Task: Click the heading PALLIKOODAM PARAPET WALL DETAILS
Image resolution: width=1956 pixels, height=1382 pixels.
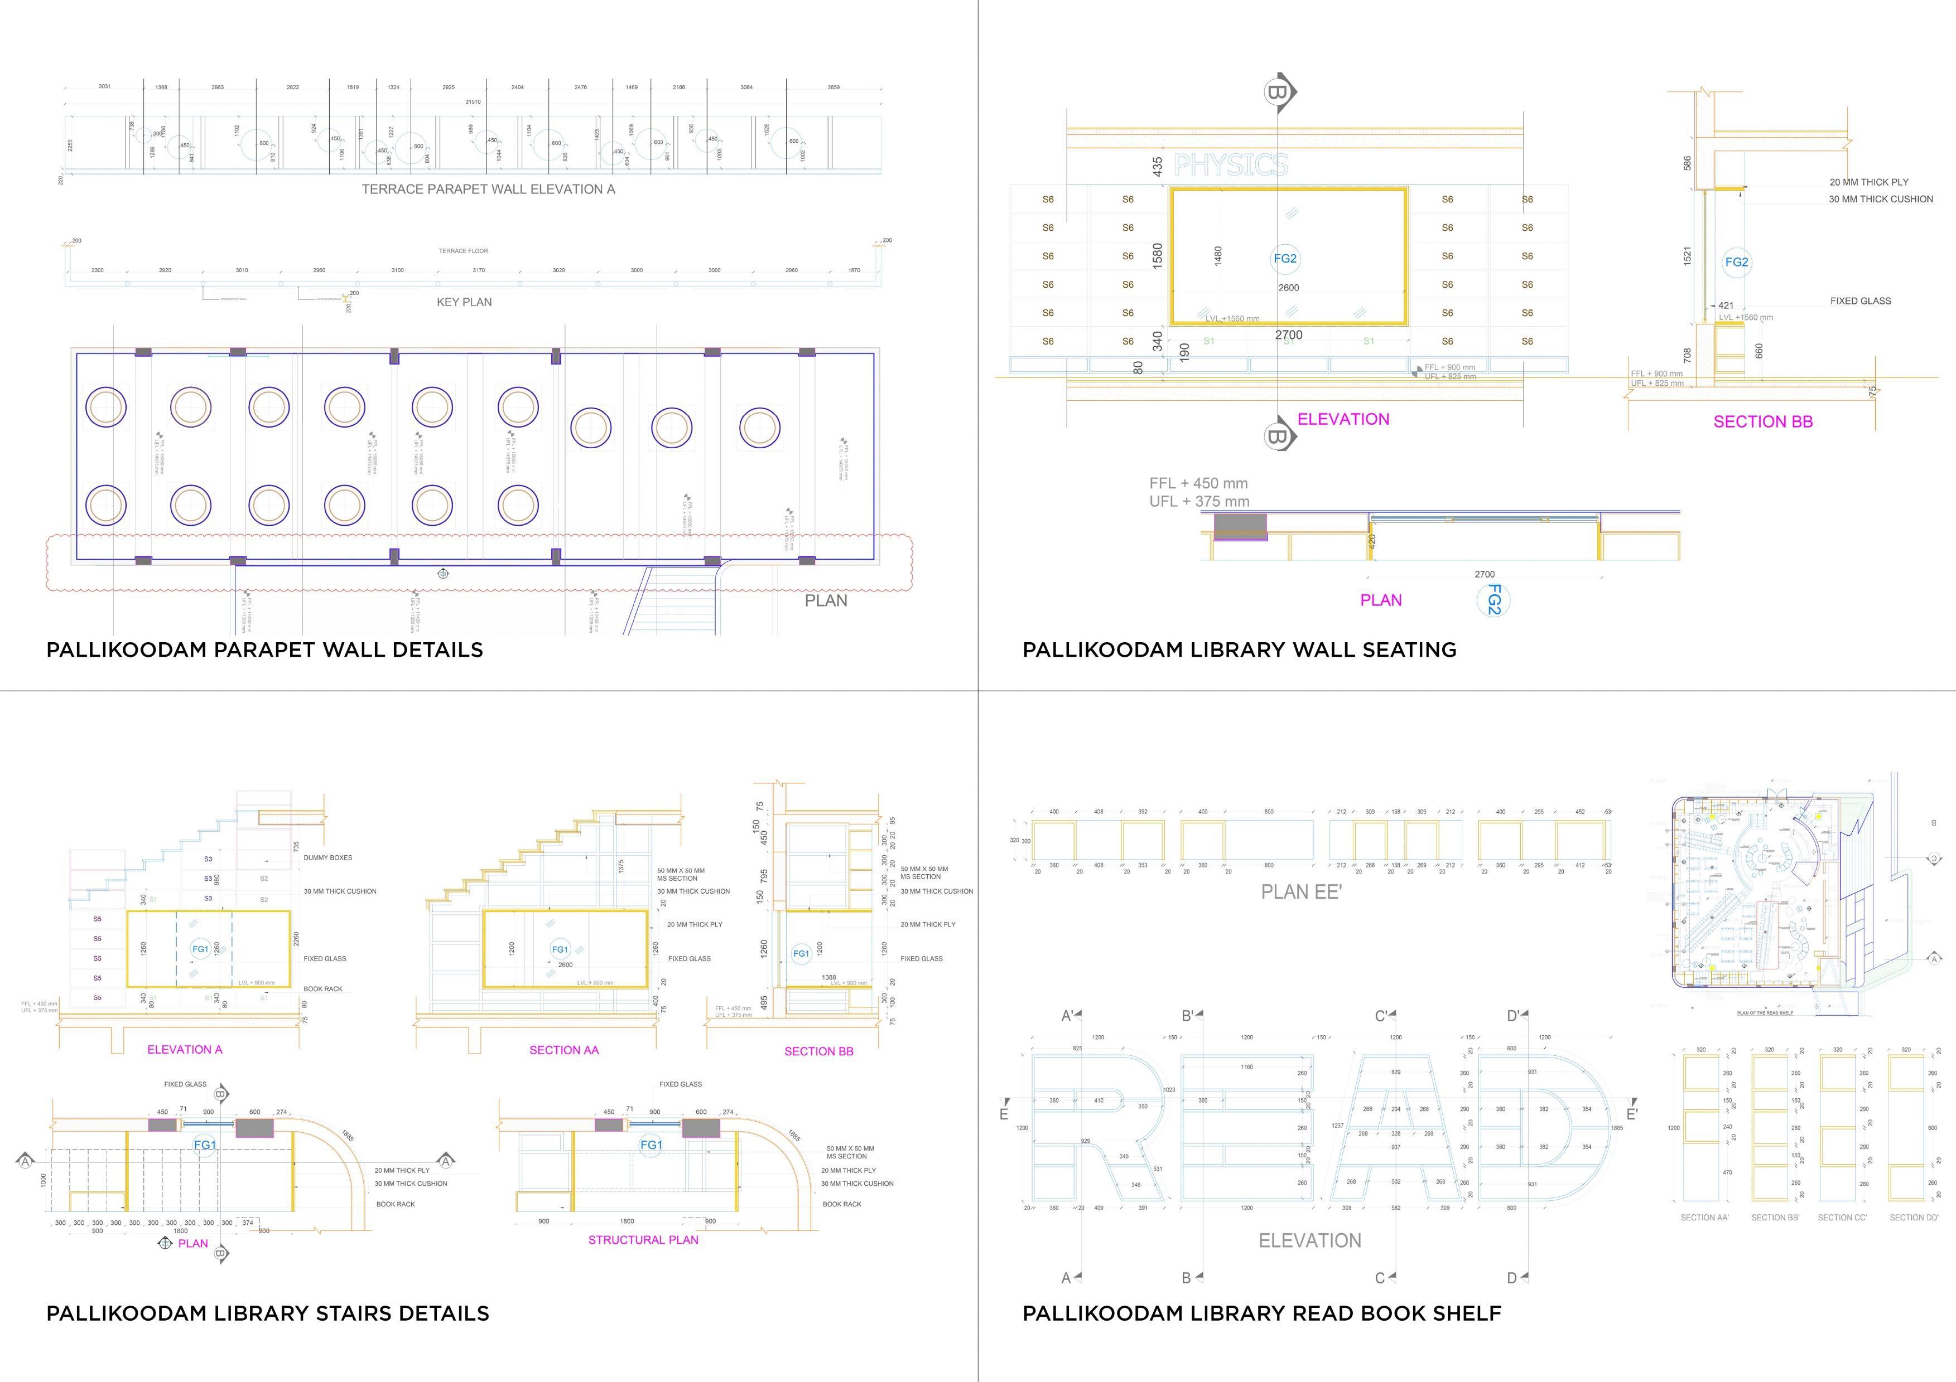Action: click(x=264, y=649)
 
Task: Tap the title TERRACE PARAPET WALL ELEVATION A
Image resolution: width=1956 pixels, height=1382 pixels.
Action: click(x=488, y=189)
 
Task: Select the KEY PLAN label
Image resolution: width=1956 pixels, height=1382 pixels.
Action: click(x=464, y=302)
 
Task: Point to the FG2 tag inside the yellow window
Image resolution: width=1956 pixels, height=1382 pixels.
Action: click(x=1285, y=259)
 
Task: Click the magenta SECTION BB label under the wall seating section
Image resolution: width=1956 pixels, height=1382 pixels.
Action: click(x=1762, y=421)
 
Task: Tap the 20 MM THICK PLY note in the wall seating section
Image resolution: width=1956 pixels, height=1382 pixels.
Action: click(x=1868, y=182)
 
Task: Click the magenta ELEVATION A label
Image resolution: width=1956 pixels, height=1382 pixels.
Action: click(x=184, y=1049)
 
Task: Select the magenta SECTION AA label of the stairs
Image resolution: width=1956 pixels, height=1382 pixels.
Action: click(x=564, y=1050)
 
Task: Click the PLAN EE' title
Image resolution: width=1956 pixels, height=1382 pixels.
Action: click(x=1301, y=891)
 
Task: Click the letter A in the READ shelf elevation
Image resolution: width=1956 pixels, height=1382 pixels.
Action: click(x=1395, y=1128)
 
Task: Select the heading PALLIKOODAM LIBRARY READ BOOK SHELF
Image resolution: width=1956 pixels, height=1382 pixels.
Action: click(x=1261, y=1313)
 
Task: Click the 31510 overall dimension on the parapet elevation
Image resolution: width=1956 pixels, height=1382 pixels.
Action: click(x=472, y=102)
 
